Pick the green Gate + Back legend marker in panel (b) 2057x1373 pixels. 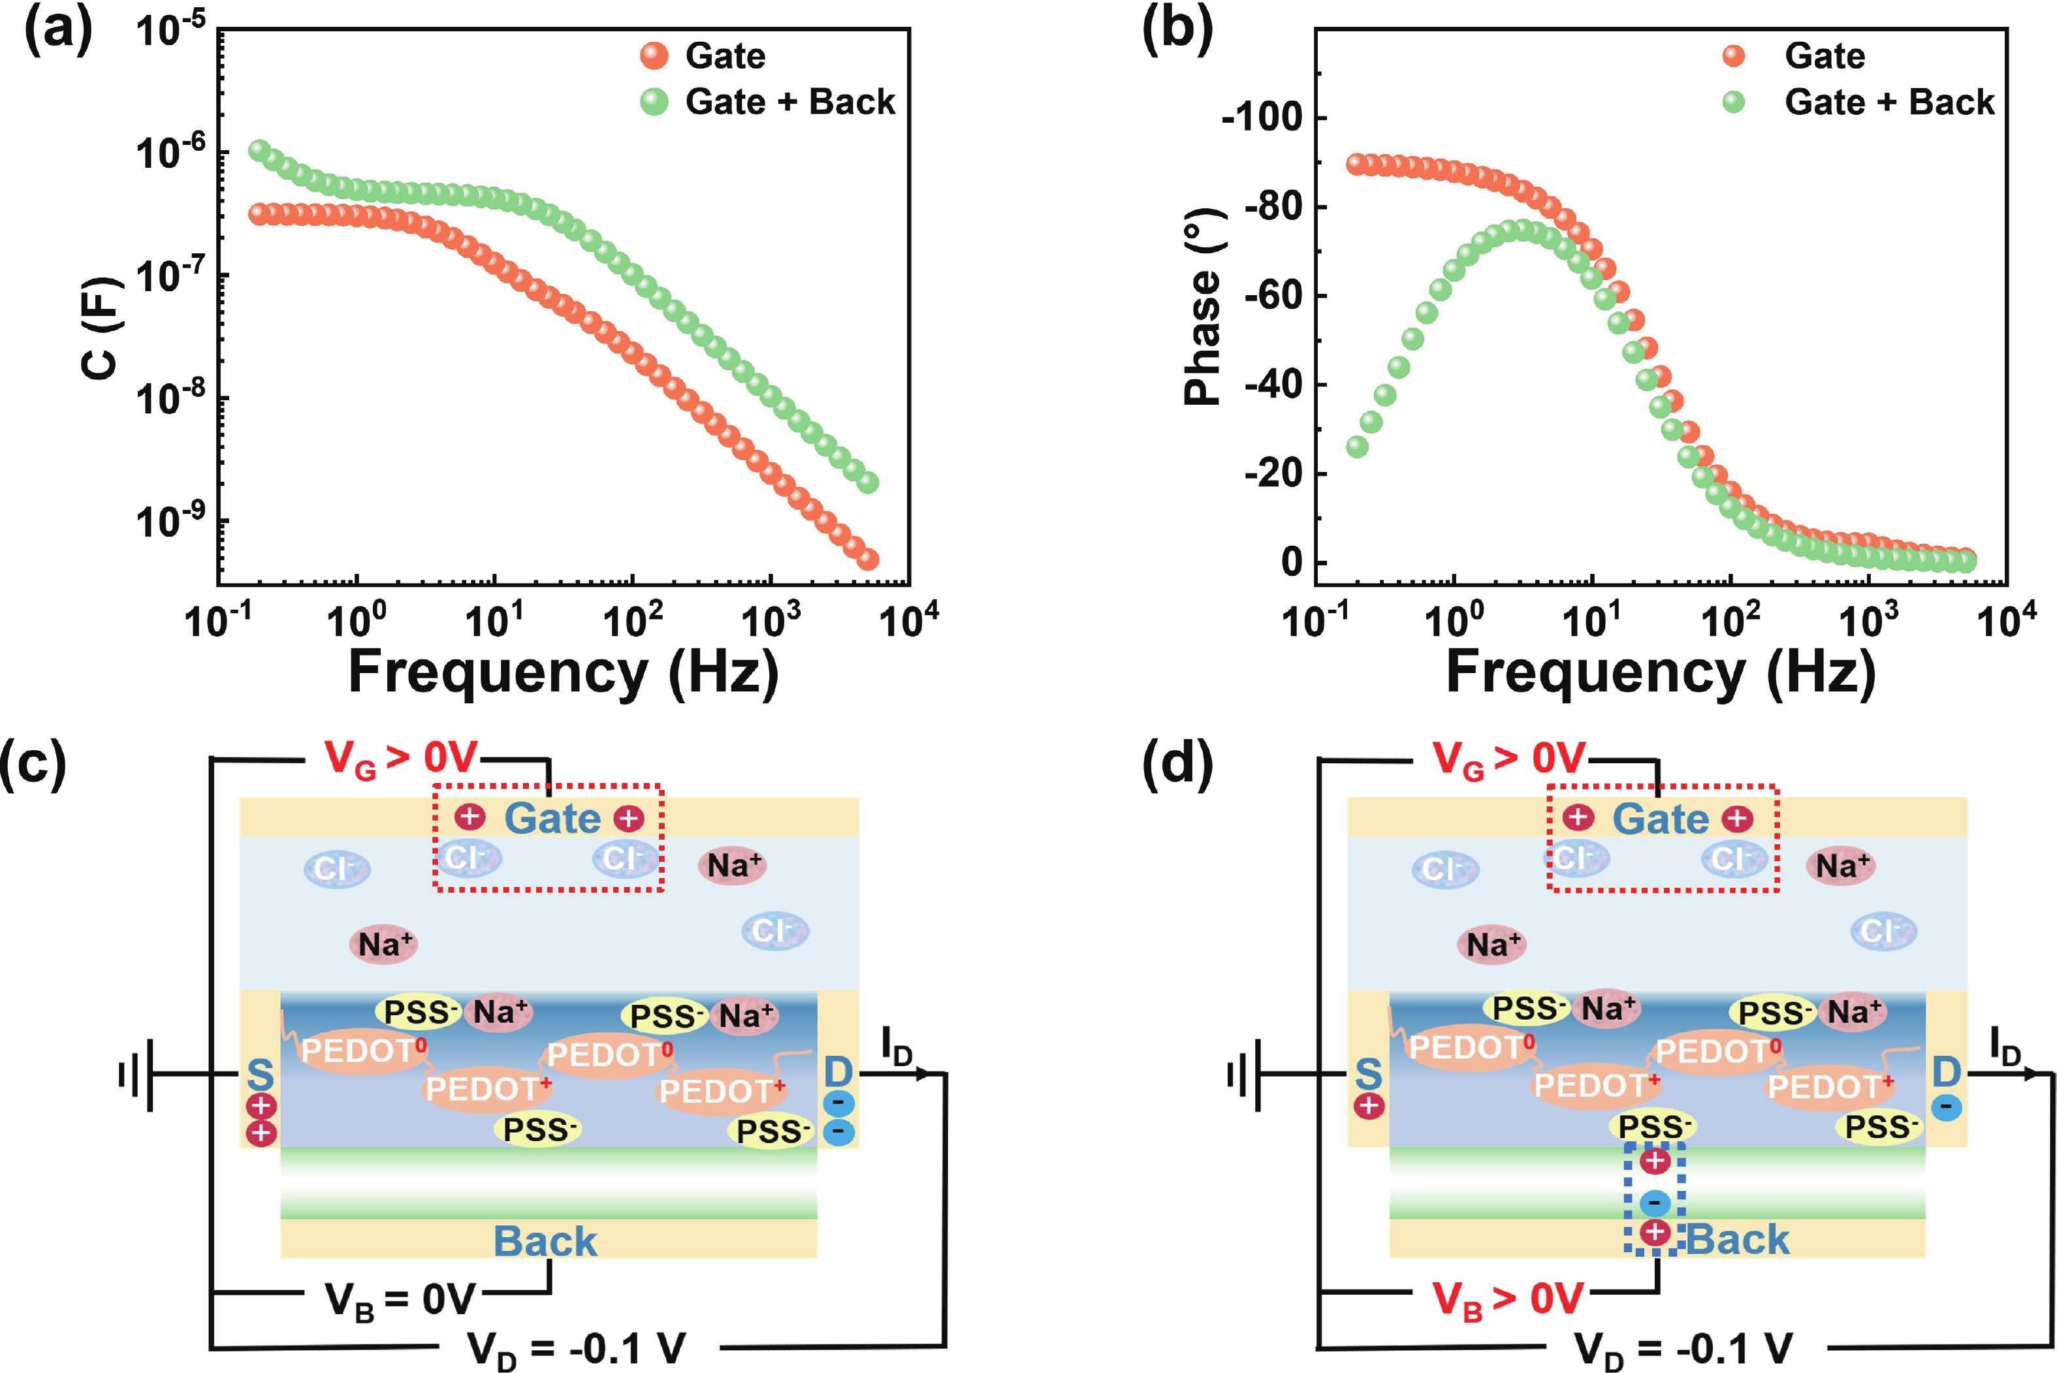(x=1733, y=103)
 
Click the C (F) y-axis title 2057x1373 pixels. (x=103, y=328)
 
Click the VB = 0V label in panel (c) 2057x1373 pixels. (x=400, y=1301)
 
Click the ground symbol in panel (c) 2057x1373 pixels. (x=136, y=1073)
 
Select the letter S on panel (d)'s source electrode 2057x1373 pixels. (x=1368, y=1073)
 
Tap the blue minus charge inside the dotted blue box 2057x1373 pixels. (x=1654, y=1202)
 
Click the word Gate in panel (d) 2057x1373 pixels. (x=1661, y=819)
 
